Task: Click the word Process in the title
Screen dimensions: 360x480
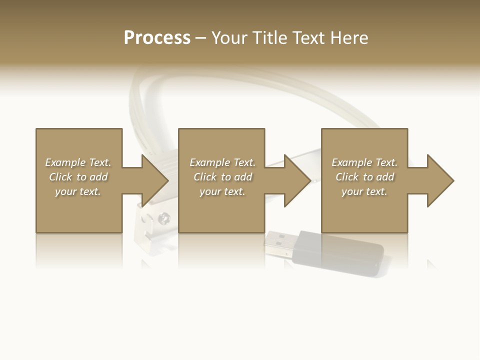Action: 157,38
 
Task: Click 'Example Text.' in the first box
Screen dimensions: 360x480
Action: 78,162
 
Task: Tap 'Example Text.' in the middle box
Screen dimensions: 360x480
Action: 222,162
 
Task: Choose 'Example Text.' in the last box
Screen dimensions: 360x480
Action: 364,162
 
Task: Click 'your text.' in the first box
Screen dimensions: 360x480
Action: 78,191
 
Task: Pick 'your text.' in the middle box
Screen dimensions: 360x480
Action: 222,191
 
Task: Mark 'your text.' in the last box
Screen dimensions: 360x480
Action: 364,191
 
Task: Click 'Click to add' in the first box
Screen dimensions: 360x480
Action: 78,177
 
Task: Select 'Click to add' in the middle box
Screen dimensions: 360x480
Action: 222,177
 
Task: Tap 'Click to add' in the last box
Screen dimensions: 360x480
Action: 364,177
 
